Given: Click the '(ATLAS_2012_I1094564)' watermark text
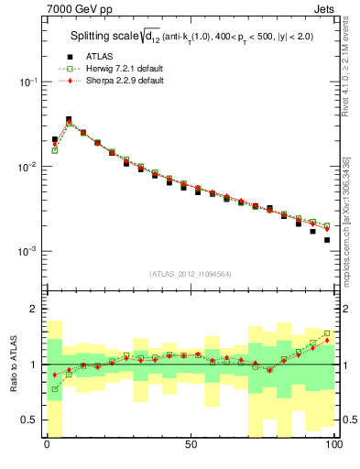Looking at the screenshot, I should [190, 273].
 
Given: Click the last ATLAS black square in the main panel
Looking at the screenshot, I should [327, 240].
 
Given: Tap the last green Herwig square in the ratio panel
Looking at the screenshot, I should [327, 333].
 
